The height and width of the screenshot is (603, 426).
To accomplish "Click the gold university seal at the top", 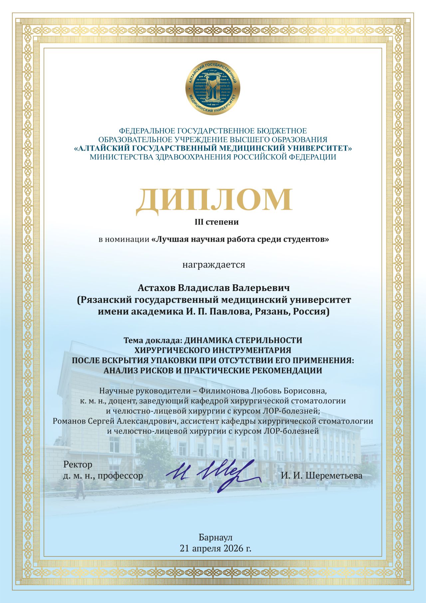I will coord(213,88).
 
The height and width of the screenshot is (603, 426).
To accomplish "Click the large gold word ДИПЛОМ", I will coord(214,200).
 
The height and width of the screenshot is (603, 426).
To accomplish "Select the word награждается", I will coord(214,265).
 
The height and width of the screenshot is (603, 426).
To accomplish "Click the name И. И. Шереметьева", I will coord(321,475).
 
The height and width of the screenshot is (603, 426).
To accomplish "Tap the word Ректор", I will coord(78,464).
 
